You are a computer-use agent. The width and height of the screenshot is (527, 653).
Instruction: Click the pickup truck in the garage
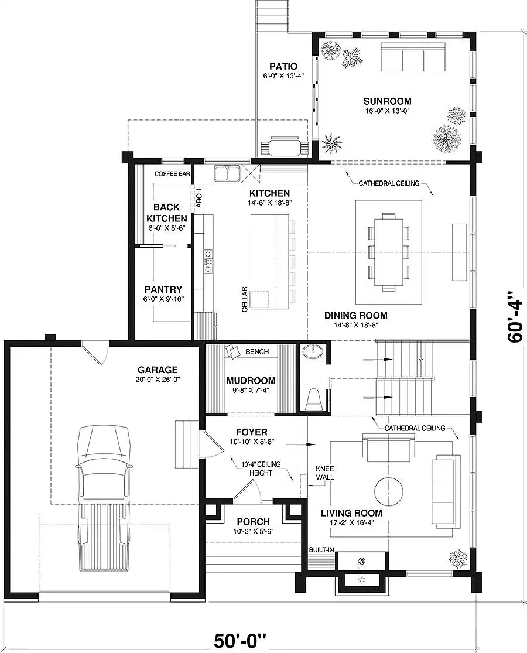(x=104, y=498)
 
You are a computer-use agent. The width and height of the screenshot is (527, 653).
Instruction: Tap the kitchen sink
(x=227, y=173)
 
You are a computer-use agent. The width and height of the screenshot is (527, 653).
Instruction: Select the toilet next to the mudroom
(x=313, y=401)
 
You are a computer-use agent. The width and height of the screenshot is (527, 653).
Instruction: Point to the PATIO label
(x=283, y=66)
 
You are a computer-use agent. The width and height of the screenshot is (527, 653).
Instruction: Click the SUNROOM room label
(x=387, y=101)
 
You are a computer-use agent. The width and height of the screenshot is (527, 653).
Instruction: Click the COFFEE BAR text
(x=172, y=174)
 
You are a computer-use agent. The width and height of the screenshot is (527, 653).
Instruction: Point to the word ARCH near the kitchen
(x=199, y=198)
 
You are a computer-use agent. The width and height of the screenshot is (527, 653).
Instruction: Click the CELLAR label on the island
(x=244, y=299)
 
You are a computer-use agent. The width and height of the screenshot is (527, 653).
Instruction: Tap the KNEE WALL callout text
(x=325, y=473)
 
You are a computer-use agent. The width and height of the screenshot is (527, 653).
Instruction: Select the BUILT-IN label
(x=321, y=550)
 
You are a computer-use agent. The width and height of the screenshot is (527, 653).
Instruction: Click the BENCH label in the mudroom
(x=257, y=352)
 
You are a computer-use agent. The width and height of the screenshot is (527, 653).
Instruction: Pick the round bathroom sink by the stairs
(x=314, y=353)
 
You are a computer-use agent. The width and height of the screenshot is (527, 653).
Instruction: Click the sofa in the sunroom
(x=413, y=57)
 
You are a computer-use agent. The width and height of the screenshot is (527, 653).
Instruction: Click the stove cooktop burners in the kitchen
(x=208, y=262)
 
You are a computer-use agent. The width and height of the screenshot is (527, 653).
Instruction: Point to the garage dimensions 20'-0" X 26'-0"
(x=158, y=380)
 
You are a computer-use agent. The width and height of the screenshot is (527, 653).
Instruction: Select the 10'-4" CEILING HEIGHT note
(x=261, y=469)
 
